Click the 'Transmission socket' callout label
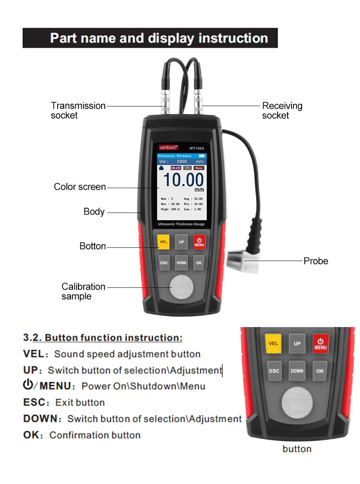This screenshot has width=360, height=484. coord(78,110)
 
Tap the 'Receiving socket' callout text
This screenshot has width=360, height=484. coord(282,110)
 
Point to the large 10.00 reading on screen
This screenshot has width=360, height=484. coord(183,179)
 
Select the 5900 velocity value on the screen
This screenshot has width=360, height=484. coord(182,161)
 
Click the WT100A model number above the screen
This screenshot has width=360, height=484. coord(196,148)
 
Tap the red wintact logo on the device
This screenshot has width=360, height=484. coord(168,147)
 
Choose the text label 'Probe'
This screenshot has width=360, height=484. coord(316,261)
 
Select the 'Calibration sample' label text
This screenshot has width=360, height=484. coord(83,291)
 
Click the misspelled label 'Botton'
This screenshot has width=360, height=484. coord(92,246)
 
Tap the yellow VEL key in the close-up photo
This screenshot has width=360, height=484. coord(274,343)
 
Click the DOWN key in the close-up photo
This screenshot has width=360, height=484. coord(297,371)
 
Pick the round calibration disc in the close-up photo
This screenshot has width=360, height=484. coord(297,402)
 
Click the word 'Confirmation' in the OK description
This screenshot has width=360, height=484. coord(75,435)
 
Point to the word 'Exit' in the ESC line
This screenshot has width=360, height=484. coord(64,402)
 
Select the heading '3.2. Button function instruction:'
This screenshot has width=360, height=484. coord(103,337)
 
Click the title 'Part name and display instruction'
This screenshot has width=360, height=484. coord(159,38)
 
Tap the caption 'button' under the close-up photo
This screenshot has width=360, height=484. coord(297,449)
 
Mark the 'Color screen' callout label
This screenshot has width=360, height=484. coord(80,187)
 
